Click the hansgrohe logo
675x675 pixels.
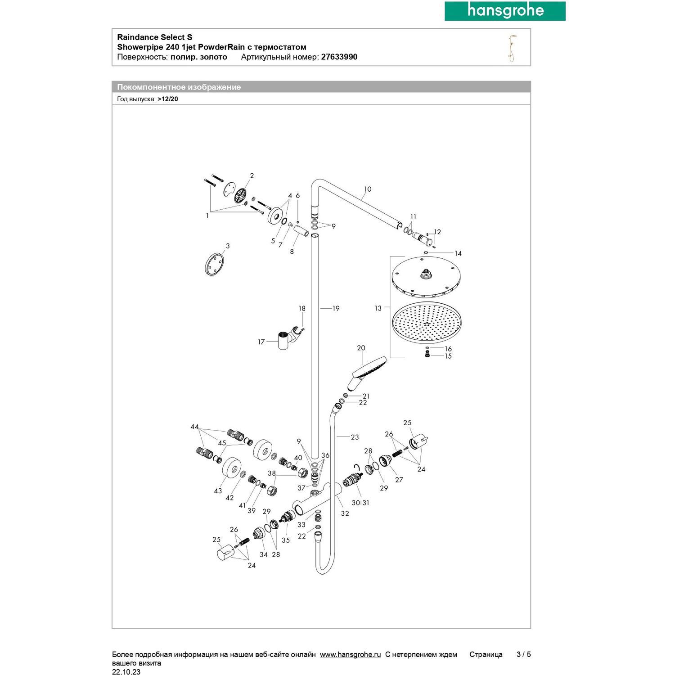click(505, 11)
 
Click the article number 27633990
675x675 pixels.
click(339, 57)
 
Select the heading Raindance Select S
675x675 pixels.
click(154, 37)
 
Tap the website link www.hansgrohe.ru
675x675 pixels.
click(350, 654)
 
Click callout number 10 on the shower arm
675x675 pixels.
click(368, 189)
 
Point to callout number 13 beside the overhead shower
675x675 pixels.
click(378, 308)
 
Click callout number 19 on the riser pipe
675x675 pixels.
click(336, 308)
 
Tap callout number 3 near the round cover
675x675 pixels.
click(228, 246)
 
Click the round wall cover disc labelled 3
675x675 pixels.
click(214, 264)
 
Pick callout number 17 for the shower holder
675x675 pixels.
click(261, 342)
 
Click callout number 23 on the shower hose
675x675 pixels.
click(355, 437)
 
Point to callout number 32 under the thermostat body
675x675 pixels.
click(345, 513)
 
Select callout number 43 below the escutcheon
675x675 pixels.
click(218, 491)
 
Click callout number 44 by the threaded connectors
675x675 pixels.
click(194, 427)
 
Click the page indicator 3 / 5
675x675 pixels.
click(523, 654)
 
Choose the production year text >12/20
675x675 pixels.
click(168, 99)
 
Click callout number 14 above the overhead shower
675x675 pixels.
click(458, 253)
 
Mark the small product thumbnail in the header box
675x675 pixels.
click(512, 48)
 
